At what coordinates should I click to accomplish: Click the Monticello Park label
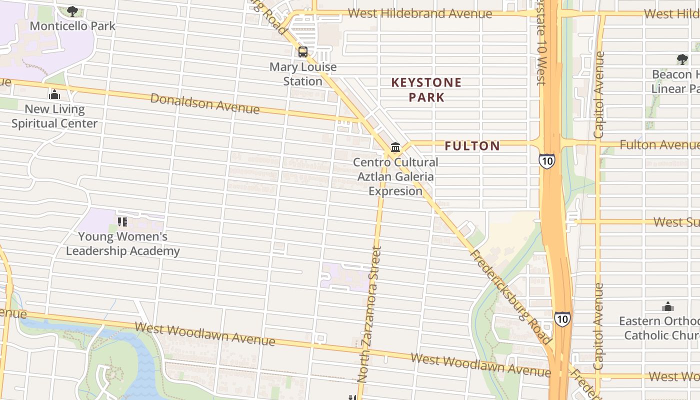(x=72, y=26)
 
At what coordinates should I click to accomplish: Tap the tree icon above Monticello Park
(x=72, y=11)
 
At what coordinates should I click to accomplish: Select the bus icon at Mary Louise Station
(x=303, y=52)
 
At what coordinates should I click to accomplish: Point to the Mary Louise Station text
(x=303, y=74)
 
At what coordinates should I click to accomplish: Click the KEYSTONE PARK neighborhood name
(x=426, y=89)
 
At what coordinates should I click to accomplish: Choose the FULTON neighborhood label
(x=472, y=146)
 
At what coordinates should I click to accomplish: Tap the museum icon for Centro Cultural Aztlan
(x=395, y=147)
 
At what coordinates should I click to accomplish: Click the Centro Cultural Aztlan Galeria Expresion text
(x=395, y=176)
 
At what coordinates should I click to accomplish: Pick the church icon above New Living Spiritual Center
(x=54, y=94)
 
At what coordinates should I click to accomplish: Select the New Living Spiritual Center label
(x=54, y=116)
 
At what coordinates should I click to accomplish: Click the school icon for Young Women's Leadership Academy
(x=122, y=221)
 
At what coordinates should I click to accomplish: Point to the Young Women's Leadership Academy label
(x=122, y=243)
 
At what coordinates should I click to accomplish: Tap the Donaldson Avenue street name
(x=205, y=103)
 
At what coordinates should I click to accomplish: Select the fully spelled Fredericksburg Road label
(x=511, y=297)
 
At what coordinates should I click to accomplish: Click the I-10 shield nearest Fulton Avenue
(x=547, y=161)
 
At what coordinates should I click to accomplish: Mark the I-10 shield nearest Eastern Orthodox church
(x=562, y=318)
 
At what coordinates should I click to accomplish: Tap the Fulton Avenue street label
(x=659, y=145)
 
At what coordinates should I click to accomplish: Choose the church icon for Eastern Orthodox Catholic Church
(x=667, y=306)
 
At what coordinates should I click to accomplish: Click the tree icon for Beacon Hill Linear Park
(x=682, y=59)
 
